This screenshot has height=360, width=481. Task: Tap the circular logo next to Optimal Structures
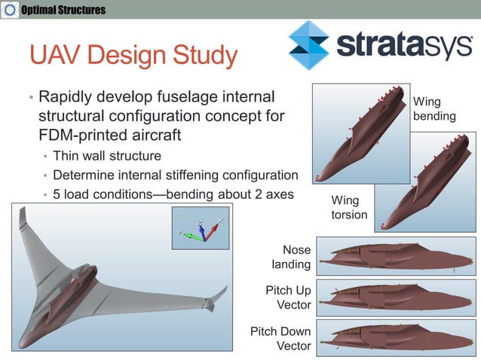tap(11, 10)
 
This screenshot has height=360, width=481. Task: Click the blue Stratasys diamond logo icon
tap(308, 44)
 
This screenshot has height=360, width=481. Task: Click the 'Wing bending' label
tap(434, 109)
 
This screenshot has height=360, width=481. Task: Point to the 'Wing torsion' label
tap(350, 208)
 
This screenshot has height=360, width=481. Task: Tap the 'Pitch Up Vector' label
tap(288, 297)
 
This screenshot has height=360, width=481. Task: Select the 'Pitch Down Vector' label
tap(280, 338)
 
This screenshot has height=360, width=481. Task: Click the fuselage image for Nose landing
tap(396, 256)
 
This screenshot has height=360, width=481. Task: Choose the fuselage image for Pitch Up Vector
tap(396, 297)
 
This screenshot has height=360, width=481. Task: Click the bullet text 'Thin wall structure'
tap(107, 157)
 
